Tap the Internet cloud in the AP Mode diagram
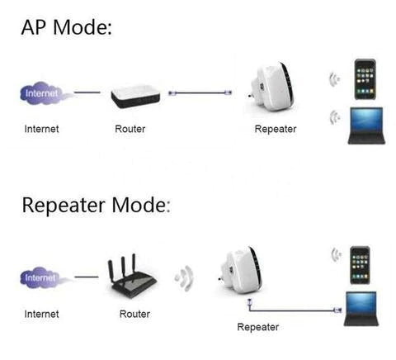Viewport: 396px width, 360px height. click(42, 92)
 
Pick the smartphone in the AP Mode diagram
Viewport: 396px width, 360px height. click(365, 78)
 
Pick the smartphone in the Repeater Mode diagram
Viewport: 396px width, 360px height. click(359, 263)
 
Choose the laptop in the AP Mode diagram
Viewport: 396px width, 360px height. click(365, 126)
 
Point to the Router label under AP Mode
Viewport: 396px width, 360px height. click(130, 130)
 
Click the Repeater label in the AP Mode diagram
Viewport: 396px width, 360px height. click(276, 130)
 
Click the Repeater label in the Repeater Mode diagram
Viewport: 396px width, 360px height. click(257, 328)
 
